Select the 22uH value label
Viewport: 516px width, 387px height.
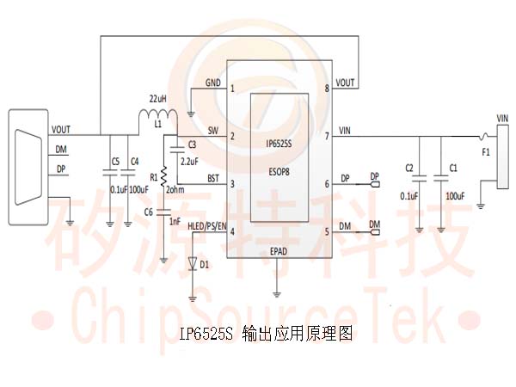click(158, 99)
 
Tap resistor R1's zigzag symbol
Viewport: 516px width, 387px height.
click(163, 176)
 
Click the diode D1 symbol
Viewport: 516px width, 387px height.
click(193, 264)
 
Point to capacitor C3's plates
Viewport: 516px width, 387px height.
click(177, 150)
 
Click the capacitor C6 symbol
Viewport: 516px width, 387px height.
click(163, 212)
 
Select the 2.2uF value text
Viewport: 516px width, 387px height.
click(189, 162)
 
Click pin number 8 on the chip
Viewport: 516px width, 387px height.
click(327, 89)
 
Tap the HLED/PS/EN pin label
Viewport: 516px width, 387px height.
click(207, 226)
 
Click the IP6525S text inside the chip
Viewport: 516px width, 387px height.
click(279, 144)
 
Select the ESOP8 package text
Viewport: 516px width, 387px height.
click(279, 171)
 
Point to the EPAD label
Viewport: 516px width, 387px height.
click(279, 251)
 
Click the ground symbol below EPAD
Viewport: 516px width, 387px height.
click(277, 294)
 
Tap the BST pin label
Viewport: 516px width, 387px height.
click(213, 178)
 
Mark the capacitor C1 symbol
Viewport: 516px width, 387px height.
click(441, 179)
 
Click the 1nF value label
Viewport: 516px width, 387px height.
click(175, 222)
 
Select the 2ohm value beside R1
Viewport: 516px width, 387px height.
click(175, 189)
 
